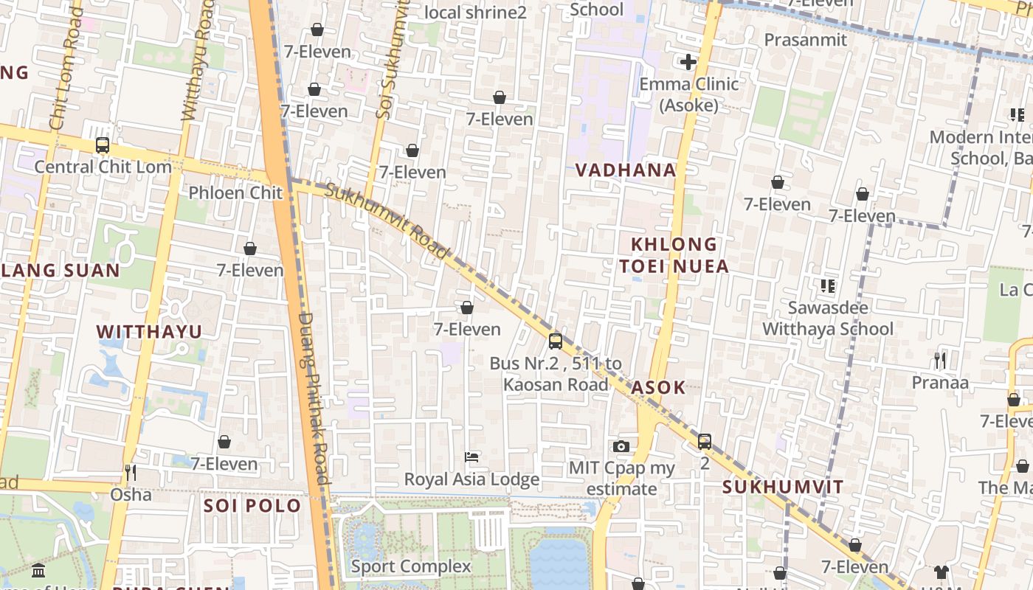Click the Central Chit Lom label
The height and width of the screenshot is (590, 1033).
coord(103,167)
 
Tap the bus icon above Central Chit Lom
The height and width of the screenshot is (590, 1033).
coord(103,145)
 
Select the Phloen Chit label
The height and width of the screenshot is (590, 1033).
coord(235,192)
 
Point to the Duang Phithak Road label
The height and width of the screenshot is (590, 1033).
coord(314,398)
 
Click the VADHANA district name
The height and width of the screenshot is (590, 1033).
coord(626,170)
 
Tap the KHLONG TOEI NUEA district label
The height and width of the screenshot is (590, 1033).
coord(674,255)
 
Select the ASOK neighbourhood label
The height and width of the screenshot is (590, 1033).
coord(658,387)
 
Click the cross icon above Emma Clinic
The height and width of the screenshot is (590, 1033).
coord(688,62)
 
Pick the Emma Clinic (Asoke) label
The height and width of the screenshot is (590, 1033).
coord(688,94)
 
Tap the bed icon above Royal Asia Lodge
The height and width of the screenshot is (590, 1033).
coord(471,457)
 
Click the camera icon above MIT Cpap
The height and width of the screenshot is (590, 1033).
coord(621,446)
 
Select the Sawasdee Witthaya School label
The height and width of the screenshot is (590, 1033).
coord(828,318)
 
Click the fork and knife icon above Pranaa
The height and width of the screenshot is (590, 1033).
coord(939,361)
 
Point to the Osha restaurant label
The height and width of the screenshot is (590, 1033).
coord(131,494)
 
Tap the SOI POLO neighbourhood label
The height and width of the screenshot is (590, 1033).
coord(252,506)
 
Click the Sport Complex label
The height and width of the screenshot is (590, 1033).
coord(411,566)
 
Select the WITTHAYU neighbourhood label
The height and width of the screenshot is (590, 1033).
coord(149,332)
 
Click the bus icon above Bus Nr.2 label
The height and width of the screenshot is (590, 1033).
coord(556,341)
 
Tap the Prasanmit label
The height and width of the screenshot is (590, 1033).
coord(806,40)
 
